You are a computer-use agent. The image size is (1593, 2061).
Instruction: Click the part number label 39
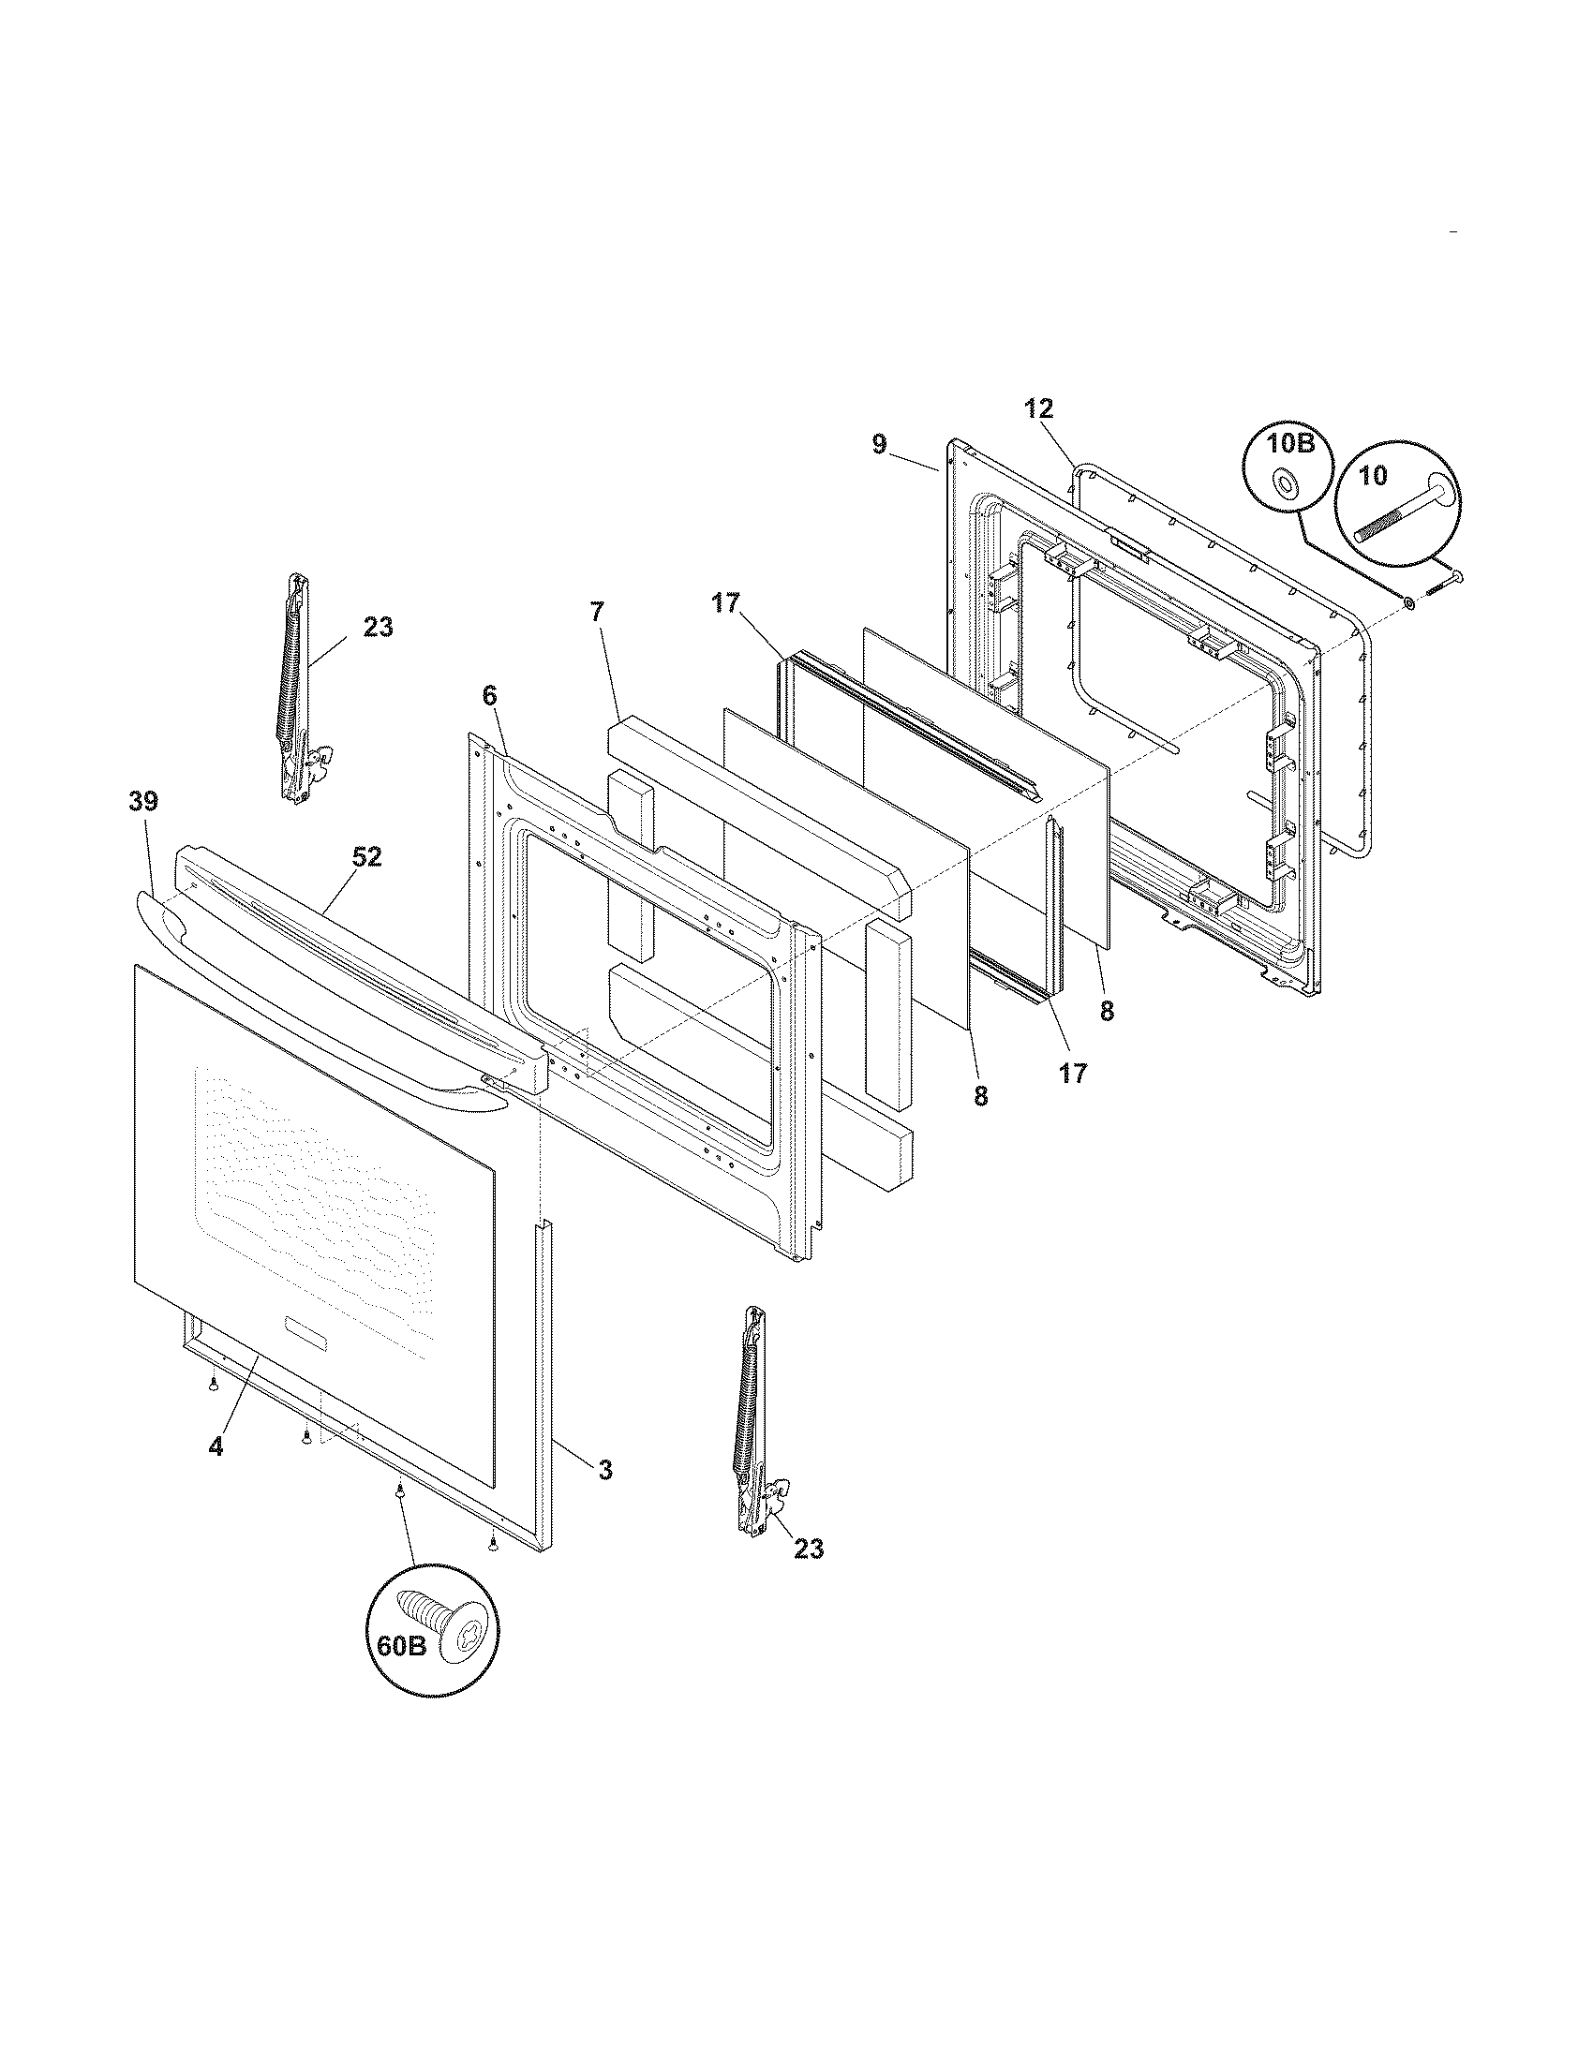(144, 802)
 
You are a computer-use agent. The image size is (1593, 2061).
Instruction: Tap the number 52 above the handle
(367, 857)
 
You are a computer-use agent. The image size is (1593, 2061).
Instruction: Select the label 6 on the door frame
(489, 695)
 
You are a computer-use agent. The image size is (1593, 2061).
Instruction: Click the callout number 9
(879, 444)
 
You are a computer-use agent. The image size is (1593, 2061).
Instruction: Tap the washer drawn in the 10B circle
(1286, 484)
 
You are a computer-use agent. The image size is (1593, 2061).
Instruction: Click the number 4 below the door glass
(216, 1447)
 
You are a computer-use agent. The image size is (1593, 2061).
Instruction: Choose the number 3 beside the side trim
(605, 1469)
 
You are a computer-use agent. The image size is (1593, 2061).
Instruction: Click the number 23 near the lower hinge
(809, 1549)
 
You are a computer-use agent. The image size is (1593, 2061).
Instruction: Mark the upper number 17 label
(725, 603)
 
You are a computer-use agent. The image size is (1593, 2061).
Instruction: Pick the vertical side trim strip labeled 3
(544, 1387)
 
